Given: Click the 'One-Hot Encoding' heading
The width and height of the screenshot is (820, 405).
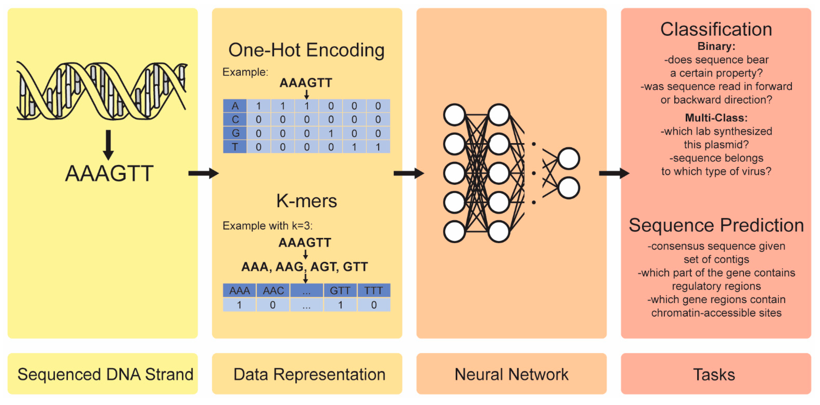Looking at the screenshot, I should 306,50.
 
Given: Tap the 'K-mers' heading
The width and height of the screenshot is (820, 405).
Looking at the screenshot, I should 306,201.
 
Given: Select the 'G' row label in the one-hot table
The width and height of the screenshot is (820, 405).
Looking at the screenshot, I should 235,133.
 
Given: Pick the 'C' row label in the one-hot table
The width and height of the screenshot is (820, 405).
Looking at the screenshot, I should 235,119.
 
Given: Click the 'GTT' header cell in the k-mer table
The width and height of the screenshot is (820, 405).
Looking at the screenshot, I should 340,290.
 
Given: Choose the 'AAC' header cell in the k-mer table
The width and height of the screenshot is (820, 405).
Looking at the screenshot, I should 273,290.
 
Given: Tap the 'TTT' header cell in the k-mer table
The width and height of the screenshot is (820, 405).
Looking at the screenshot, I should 373,290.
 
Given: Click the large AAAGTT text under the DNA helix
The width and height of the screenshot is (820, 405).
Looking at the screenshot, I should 109,174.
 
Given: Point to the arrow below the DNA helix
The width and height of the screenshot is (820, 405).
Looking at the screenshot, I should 108,145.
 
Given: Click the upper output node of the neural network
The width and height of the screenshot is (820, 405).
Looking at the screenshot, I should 568,158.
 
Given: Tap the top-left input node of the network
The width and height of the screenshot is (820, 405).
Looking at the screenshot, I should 454,114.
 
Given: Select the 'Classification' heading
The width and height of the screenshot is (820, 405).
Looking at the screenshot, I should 716,30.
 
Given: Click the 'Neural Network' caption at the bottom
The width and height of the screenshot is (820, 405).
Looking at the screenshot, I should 511,374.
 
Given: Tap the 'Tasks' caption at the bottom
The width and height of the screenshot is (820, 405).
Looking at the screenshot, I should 714,374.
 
